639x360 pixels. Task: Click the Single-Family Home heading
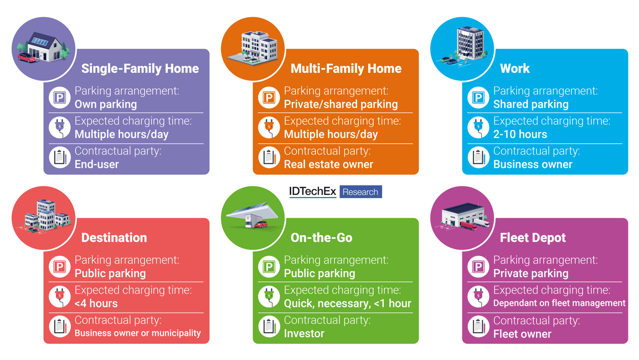click(140, 69)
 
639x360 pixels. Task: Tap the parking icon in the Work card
click(478, 97)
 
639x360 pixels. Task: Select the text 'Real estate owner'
click(328, 164)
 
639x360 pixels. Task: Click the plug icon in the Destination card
click(60, 296)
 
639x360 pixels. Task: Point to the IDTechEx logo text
click(313, 192)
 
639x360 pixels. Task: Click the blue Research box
click(360, 192)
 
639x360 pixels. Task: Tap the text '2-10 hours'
click(520, 135)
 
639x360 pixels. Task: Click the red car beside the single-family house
click(27, 58)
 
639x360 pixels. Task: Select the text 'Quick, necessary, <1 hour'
click(347, 303)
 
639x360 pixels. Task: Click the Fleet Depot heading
click(533, 238)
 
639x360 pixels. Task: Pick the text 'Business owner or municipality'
click(138, 333)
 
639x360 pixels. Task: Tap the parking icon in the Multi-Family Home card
click(269, 97)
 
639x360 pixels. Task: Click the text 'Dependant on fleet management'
click(559, 303)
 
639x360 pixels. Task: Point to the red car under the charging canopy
click(261, 224)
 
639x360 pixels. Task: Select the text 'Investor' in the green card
click(304, 334)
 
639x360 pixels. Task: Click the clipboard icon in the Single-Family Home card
click(60, 158)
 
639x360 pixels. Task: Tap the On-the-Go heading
click(321, 238)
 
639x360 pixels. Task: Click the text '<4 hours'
click(96, 303)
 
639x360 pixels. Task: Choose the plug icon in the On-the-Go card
click(269, 296)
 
